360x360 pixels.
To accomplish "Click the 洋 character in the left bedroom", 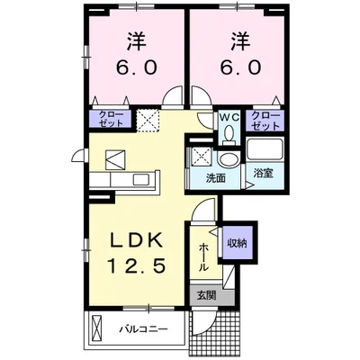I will (137, 40).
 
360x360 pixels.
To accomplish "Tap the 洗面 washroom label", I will (213, 178).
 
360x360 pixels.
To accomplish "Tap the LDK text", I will (136, 242).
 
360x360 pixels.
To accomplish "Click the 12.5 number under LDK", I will (137, 268).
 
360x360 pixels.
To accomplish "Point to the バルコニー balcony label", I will (145, 329).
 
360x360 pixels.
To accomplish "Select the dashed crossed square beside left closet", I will (146, 120).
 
